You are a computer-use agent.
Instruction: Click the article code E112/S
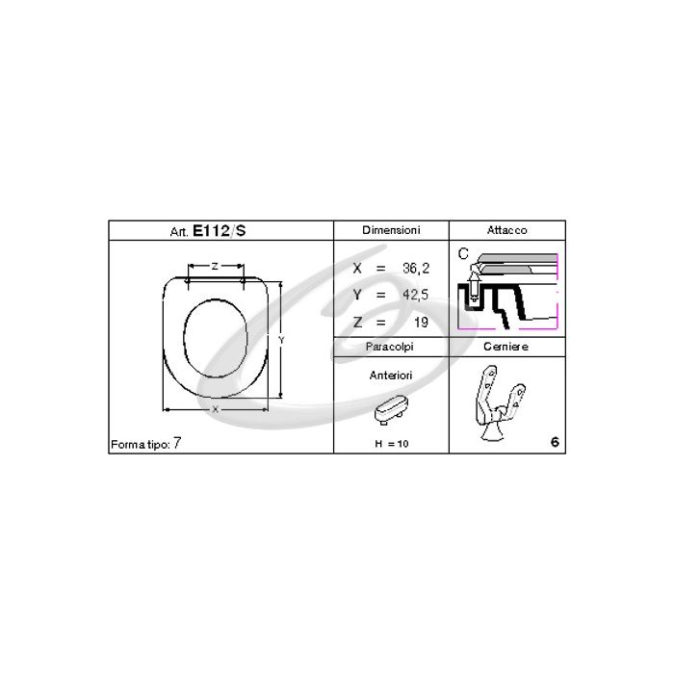[220, 231]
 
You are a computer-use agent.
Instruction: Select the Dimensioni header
[390, 230]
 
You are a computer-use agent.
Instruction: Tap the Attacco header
[507, 230]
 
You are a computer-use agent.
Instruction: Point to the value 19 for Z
[420, 321]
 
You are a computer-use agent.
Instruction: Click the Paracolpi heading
[390, 346]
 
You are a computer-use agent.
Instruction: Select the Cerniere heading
[507, 346]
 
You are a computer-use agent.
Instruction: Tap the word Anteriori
[391, 375]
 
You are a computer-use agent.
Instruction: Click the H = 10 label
[390, 443]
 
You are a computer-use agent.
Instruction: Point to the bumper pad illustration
[389, 411]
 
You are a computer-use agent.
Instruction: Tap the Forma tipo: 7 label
[146, 444]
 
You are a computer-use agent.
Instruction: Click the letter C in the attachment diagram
[462, 254]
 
